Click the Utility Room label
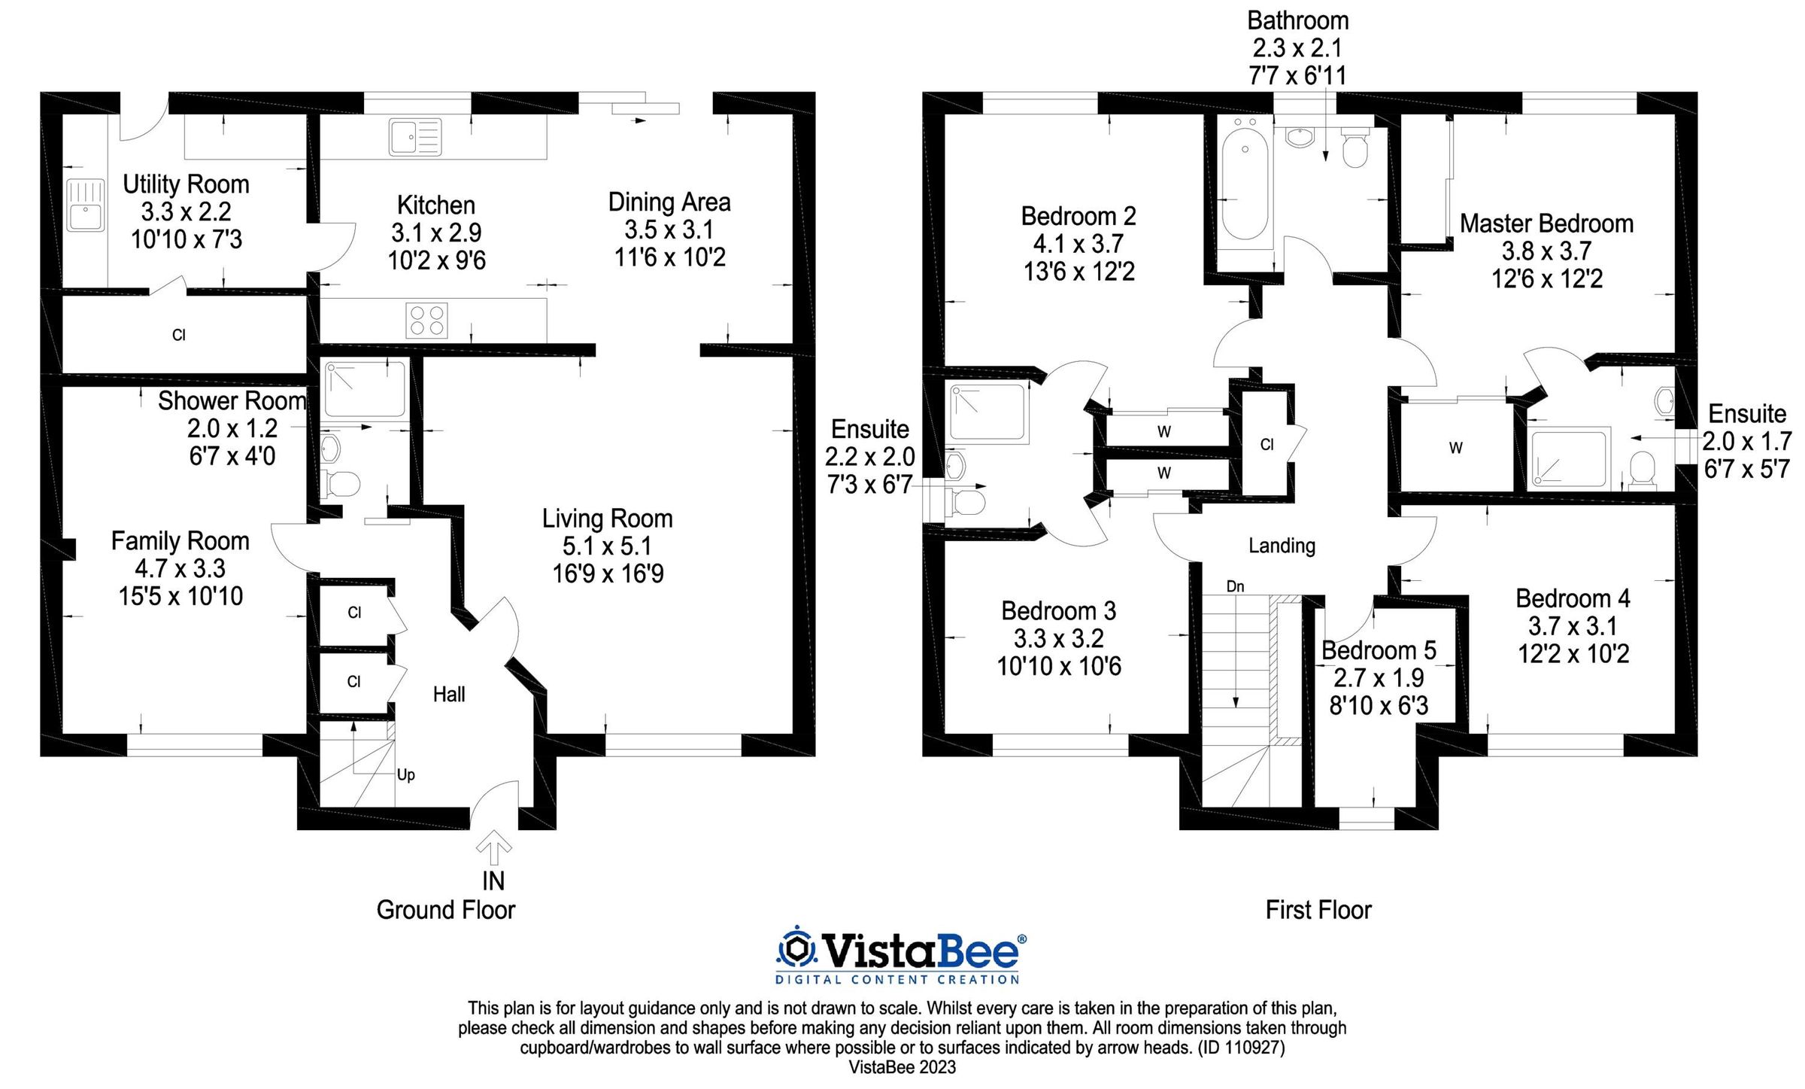(186, 184)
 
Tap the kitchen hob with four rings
(426, 320)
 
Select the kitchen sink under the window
(415, 138)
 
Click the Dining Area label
(669, 202)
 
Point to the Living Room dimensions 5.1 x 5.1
(607, 546)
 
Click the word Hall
(449, 694)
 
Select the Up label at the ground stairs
(405, 774)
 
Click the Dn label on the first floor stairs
(1235, 586)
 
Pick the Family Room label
(180, 541)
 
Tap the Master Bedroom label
(1546, 224)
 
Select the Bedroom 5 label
(1379, 650)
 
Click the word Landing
(1282, 546)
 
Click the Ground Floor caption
(445, 910)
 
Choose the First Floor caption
(1318, 910)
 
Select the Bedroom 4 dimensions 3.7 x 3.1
(1573, 626)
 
